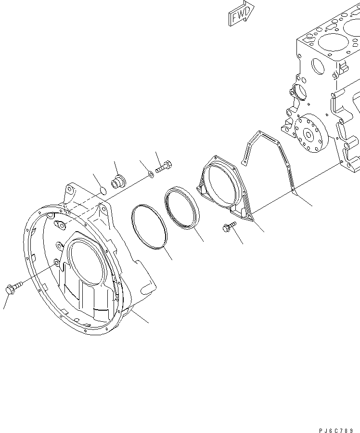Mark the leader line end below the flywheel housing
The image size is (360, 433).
[148, 322]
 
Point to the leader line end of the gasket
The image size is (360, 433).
[312, 206]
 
